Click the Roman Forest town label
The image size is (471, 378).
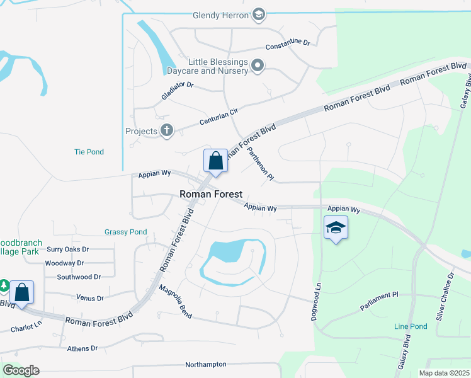tap(211, 195)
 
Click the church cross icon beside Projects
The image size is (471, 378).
tap(166, 131)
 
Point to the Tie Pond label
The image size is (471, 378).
tap(89, 152)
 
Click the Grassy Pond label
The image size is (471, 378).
tap(125, 232)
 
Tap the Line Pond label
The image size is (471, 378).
tap(411, 326)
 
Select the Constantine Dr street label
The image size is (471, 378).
tap(288, 45)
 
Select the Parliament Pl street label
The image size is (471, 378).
tap(380, 300)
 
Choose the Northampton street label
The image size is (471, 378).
tap(206, 365)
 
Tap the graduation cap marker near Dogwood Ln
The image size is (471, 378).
tap(336, 228)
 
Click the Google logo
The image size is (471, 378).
tap(21, 370)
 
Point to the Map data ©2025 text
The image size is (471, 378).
tap(444, 373)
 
